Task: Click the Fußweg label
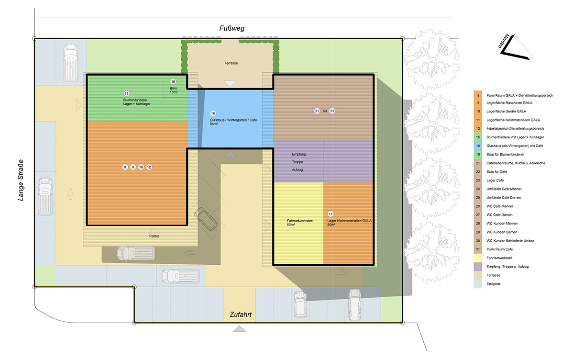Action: tap(232, 28)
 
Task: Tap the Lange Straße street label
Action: tap(21, 180)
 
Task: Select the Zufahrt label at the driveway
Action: tap(241, 315)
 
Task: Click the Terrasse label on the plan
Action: tap(231, 63)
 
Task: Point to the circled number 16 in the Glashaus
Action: tap(213, 113)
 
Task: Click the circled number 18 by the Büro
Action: tap(173, 81)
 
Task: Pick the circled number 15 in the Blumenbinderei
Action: tap(126, 93)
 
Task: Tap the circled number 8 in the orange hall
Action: tap(125, 167)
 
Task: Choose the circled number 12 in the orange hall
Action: tap(149, 167)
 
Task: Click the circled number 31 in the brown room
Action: tap(332, 111)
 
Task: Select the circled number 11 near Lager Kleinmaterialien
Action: tap(331, 214)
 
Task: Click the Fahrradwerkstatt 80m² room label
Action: tap(299, 223)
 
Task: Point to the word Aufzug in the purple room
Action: tap(297, 170)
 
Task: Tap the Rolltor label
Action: tap(154, 236)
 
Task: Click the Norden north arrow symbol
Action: tap(516, 47)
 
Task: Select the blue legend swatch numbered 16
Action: tap(478, 146)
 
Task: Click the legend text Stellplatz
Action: tap(494, 284)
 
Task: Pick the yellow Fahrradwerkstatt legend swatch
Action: tap(478, 258)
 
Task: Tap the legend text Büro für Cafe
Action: tap(497, 171)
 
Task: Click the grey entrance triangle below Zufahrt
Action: tap(239, 329)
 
